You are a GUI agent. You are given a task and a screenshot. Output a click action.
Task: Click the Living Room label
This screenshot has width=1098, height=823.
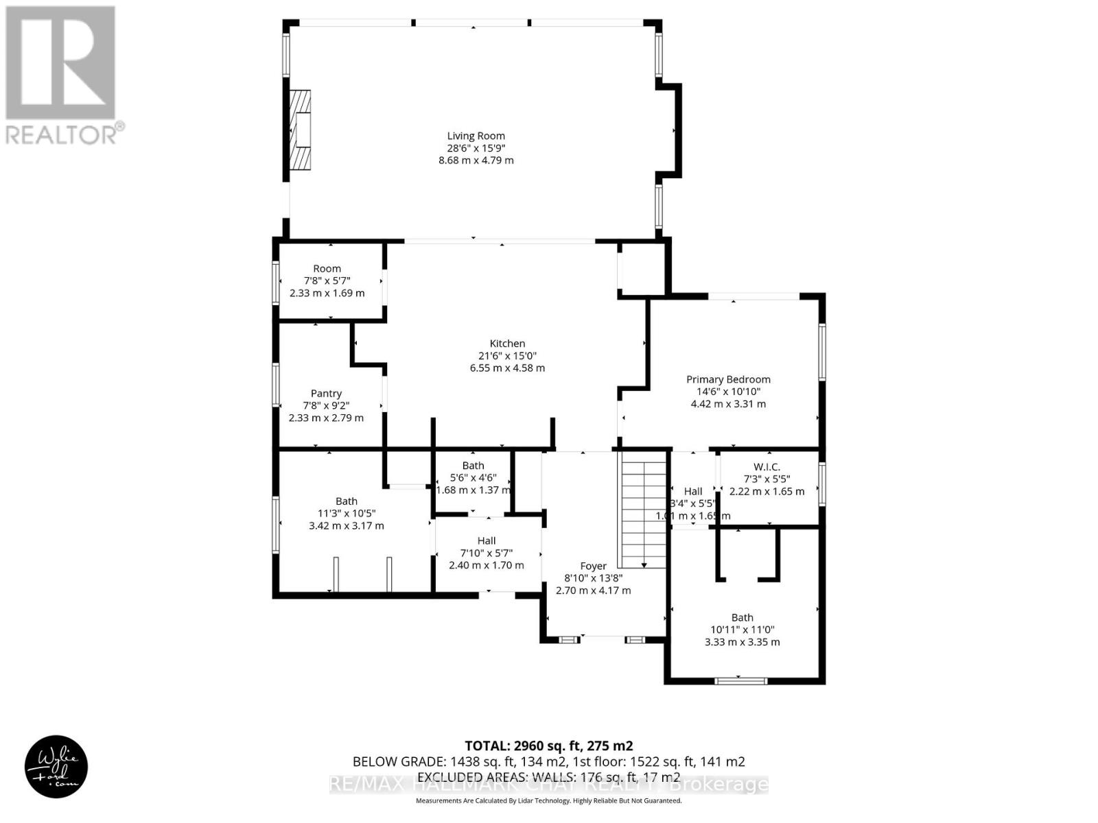coord(476,136)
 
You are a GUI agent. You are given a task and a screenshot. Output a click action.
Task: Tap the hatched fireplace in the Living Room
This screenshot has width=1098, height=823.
coord(300,130)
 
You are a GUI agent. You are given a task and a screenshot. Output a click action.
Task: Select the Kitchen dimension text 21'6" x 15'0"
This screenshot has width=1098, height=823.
coord(507,356)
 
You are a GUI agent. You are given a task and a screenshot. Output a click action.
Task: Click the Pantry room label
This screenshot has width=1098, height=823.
coord(326,393)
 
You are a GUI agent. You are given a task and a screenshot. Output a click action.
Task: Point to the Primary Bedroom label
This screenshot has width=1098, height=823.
coord(728,379)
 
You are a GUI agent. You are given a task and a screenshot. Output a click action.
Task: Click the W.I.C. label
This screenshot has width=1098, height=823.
coord(766,466)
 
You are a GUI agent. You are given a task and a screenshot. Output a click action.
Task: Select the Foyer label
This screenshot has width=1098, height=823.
coord(593,566)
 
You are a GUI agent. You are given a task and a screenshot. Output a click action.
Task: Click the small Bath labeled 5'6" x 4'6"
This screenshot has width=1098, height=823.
coord(473,466)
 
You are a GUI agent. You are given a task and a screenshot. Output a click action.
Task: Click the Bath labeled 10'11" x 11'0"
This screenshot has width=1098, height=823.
coord(742,617)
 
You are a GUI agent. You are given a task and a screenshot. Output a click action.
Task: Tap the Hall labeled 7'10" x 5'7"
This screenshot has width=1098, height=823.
coord(487,540)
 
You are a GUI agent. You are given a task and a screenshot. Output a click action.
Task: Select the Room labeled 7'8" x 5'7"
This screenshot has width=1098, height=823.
coord(327,268)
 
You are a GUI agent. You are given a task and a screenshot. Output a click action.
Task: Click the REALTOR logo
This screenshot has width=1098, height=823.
coord(62,75)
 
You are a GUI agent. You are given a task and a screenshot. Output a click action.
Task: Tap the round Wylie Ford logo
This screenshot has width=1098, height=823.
coord(56,767)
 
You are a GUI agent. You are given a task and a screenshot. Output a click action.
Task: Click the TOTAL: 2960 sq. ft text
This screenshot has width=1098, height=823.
coord(548,746)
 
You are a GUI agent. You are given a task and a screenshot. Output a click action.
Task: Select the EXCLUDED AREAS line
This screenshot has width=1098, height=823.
coord(548,777)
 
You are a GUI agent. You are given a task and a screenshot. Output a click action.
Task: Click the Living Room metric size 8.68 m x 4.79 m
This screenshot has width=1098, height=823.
coord(476,160)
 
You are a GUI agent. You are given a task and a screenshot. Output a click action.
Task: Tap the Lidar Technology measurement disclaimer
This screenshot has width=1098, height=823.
coord(548,800)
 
